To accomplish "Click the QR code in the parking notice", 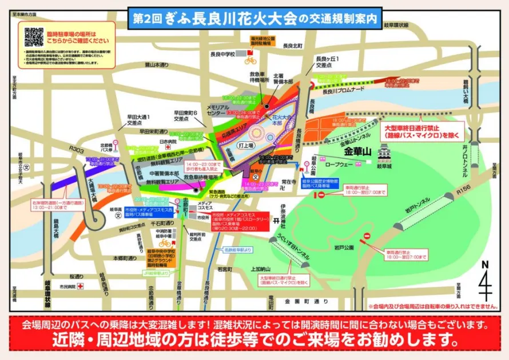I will coord(34,37).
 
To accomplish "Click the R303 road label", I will coord(76,149).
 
